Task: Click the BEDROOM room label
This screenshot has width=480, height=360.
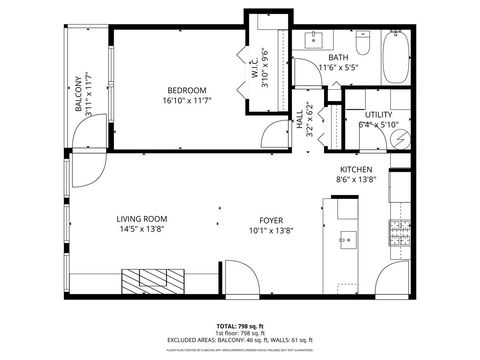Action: tap(187, 89)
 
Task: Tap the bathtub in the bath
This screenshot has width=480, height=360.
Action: tap(395, 60)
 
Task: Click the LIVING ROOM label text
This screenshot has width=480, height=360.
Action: tap(141, 219)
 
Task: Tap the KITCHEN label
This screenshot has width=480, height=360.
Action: tap(356, 169)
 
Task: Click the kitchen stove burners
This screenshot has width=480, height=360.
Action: tap(400, 238)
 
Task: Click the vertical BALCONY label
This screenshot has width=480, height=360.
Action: tap(76, 93)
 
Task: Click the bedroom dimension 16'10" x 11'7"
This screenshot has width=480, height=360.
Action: tap(187, 100)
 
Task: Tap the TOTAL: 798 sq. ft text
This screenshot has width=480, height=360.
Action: tap(240, 326)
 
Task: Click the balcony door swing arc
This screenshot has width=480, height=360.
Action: tap(84, 172)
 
